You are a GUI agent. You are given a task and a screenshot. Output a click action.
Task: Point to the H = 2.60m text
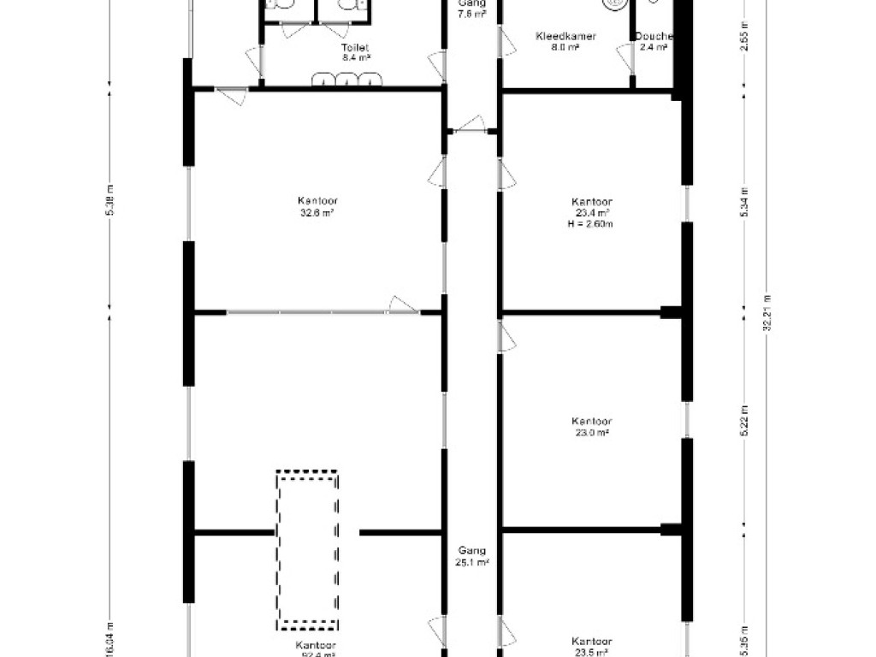591,224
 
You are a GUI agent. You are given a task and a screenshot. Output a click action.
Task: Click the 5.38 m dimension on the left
109,202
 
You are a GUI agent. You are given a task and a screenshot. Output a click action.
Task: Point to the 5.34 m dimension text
743,202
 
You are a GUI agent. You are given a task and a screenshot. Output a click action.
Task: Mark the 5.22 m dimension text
743,425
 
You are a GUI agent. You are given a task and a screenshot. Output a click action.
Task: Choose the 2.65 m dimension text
743,41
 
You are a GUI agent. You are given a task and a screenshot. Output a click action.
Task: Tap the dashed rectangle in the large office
306,548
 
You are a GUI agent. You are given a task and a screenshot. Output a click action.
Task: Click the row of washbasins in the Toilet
347,80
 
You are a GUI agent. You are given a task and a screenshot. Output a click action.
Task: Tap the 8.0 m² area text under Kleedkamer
565,49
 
